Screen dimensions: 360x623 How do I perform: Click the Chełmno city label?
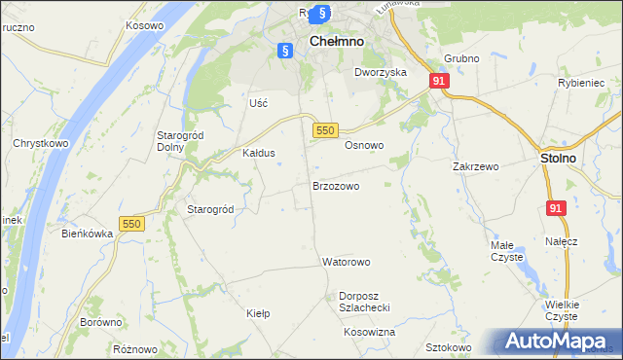337,42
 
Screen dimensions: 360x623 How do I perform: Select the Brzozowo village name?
336,185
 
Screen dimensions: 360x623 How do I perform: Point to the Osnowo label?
365,145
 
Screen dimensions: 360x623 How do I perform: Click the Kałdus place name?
259,153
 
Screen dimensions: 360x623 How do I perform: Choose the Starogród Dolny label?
178,140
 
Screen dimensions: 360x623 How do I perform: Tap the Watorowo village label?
346,262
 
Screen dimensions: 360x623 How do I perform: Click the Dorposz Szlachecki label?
365,301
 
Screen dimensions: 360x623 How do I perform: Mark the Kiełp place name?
258,313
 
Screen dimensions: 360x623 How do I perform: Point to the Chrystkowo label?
40,143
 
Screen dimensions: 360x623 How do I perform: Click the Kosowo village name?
144,22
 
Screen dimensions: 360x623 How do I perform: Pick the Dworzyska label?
380,72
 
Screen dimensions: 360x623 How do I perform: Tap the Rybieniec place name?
581,83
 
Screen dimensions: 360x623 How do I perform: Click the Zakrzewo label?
475,166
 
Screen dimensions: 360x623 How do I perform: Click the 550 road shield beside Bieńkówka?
132,224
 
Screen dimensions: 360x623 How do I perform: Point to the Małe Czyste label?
506,251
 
